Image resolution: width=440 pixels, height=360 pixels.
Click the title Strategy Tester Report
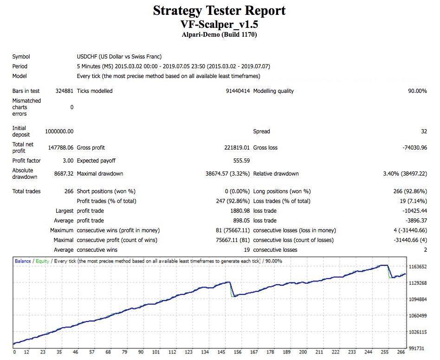click(x=220, y=10)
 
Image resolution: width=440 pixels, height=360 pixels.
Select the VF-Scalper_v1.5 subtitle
click(x=219, y=24)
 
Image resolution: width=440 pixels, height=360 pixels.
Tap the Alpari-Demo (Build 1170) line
click(x=220, y=34)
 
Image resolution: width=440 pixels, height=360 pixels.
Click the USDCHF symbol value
click(x=119, y=57)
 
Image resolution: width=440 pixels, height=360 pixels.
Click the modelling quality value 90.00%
click(x=417, y=91)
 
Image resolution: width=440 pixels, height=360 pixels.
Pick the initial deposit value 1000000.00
click(x=59, y=131)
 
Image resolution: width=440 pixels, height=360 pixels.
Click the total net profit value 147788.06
click(x=61, y=148)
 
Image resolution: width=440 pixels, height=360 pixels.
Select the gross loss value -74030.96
click(x=414, y=148)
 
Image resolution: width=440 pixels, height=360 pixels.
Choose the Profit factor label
click(x=26, y=161)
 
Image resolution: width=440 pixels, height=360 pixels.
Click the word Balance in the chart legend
click(x=23, y=261)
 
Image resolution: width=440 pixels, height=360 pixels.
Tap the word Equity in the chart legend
click(x=42, y=261)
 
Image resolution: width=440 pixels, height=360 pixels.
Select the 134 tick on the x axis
click(x=205, y=353)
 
